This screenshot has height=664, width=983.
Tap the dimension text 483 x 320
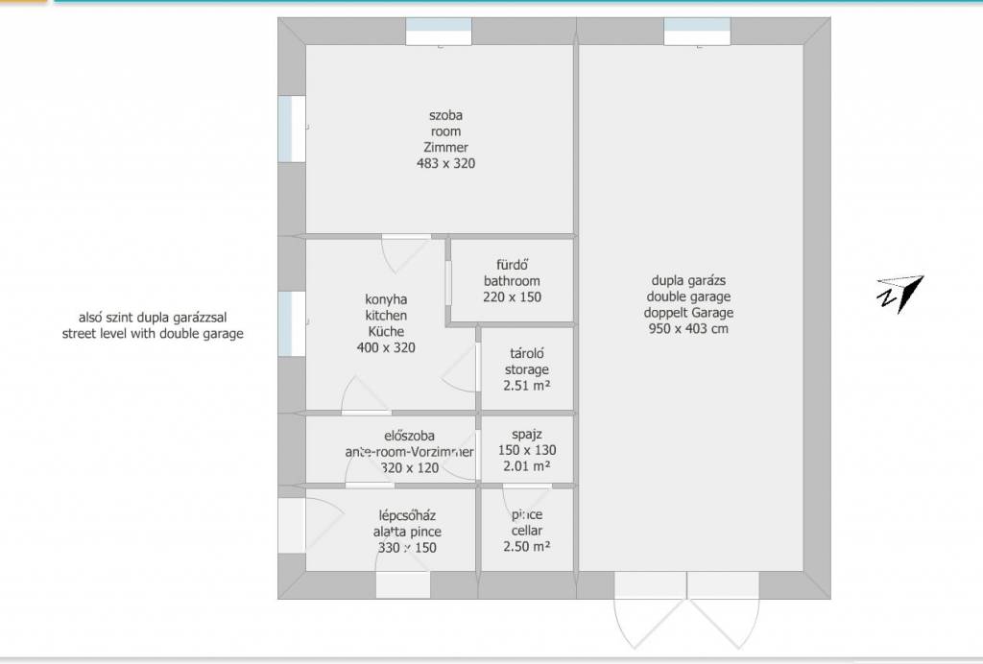coord(445,163)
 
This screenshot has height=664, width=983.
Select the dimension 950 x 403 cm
coord(688,329)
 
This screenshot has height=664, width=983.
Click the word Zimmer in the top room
coord(445,147)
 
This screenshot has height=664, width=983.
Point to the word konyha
coord(386,299)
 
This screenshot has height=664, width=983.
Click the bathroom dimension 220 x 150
coord(513,296)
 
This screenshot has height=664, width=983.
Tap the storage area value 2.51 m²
coord(527,386)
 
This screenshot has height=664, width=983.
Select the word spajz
coord(527,435)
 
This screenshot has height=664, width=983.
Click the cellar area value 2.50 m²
coord(527,546)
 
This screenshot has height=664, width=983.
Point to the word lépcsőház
coord(407,515)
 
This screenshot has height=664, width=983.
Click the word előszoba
coord(409,436)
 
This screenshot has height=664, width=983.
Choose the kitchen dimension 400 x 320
coord(386,347)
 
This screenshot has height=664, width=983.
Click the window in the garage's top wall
coord(697,32)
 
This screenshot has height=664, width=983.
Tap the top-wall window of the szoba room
coord(439,32)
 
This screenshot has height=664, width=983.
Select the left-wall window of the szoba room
coord(292,129)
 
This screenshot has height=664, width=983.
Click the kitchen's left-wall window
coord(292,324)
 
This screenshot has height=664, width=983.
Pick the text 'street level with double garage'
coord(153,334)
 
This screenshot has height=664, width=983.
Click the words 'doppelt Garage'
coord(688,313)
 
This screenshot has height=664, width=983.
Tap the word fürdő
coord(513,265)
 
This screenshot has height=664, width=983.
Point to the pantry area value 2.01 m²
coord(527,466)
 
